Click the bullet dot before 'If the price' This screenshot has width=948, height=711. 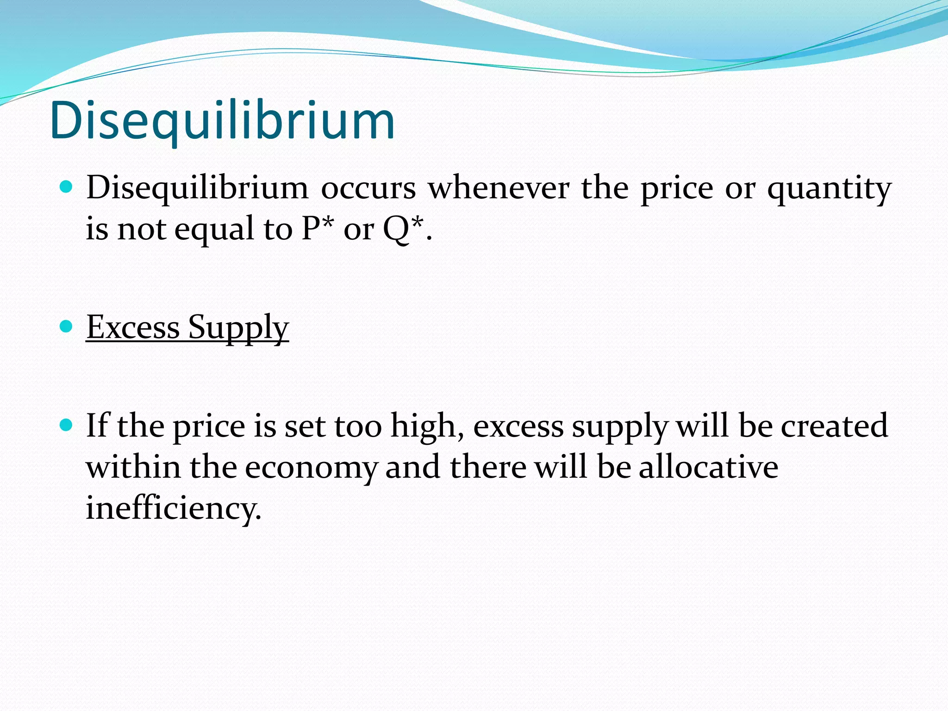click(x=67, y=425)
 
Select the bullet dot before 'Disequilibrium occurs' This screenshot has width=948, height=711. click(x=67, y=187)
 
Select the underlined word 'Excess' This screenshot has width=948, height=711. click(x=133, y=327)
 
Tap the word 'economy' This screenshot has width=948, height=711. click(x=311, y=468)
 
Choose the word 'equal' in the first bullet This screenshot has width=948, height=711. click(x=214, y=229)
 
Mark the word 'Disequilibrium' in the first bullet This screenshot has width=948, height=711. click(x=197, y=189)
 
